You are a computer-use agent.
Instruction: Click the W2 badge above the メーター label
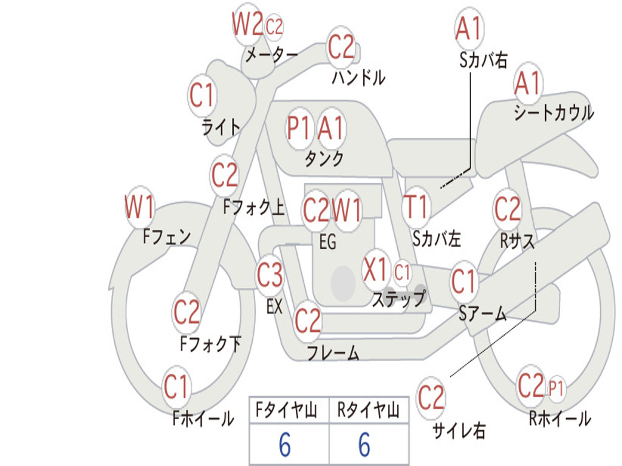[248, 24]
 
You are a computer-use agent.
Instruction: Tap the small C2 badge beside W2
[274, 27]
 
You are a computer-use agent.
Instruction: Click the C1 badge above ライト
[202, 95]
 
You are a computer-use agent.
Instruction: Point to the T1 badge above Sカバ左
[416, 207]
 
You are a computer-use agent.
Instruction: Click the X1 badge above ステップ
[375, 270]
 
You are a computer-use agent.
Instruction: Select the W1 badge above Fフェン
[139, 207]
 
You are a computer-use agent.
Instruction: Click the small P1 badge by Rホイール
[556, 388]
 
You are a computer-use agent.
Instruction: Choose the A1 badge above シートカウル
[528, 83]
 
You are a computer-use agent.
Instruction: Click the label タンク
[324, 159]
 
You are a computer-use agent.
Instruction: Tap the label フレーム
[333, 353]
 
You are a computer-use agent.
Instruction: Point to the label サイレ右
[459, 430]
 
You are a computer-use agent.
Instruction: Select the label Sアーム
[483, 314]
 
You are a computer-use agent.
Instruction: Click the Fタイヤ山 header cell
[289, 410]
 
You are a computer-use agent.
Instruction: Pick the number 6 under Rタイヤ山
[364, 444]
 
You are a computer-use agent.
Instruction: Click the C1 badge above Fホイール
[176, 387]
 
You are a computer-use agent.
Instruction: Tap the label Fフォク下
[211, 343]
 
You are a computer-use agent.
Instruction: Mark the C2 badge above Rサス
[507, 209]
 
